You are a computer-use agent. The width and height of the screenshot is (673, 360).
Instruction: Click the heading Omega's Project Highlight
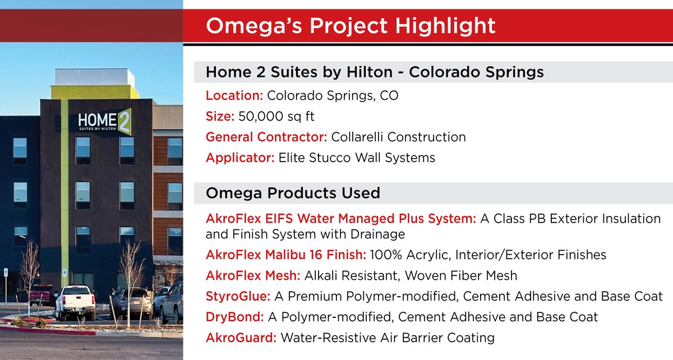point(351,26)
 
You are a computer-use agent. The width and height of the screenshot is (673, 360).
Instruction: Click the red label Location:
point(234,96)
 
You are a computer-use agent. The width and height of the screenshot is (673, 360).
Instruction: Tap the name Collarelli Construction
point(398,137)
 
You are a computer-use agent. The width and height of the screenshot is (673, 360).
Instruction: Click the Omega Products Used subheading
point(293,193)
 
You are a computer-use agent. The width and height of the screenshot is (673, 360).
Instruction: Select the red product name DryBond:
point(234,317)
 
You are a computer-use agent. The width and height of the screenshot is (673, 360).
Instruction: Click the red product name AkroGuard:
point(241,338)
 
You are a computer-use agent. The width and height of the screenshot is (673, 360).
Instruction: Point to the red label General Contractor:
point(267,137)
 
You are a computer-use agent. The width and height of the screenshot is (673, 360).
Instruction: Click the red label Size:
point(220,117)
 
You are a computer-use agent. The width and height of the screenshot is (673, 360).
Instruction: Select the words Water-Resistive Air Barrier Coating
point(388,338)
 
